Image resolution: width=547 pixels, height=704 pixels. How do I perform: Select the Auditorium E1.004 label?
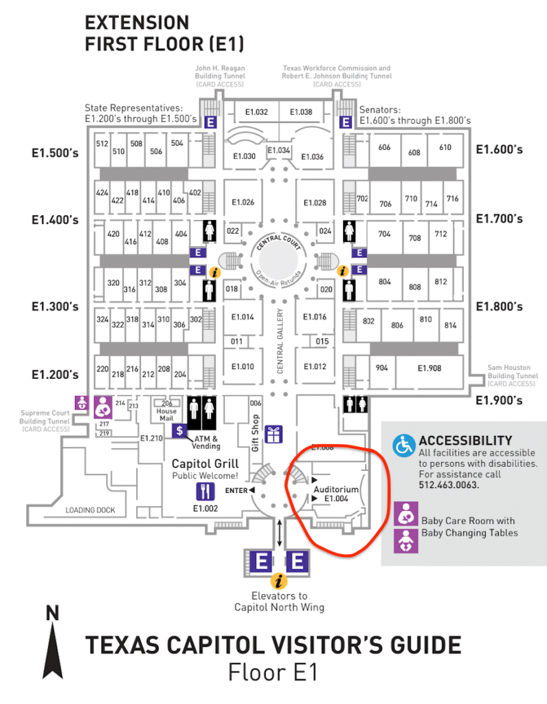336,494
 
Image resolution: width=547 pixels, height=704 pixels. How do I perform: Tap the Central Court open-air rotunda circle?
280,261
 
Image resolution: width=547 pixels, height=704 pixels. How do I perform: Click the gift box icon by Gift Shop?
273,434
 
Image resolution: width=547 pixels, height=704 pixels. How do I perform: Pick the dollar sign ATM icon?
179,431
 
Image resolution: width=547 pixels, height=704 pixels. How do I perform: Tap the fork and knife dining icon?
205,491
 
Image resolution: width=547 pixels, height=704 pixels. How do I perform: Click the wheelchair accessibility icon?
403,445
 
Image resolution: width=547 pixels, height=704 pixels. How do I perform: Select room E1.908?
429,368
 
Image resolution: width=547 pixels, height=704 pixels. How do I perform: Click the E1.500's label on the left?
55,153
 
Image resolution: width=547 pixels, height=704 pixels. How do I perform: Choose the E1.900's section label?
499,400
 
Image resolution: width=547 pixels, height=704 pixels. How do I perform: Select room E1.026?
243,202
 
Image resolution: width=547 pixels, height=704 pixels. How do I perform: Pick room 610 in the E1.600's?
445,147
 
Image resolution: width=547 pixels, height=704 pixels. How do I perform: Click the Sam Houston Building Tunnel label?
513,372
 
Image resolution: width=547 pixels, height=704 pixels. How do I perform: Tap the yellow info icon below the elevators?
279,580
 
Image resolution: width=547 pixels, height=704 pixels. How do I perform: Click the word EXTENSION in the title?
137,23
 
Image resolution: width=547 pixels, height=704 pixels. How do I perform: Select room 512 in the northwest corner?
102,144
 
